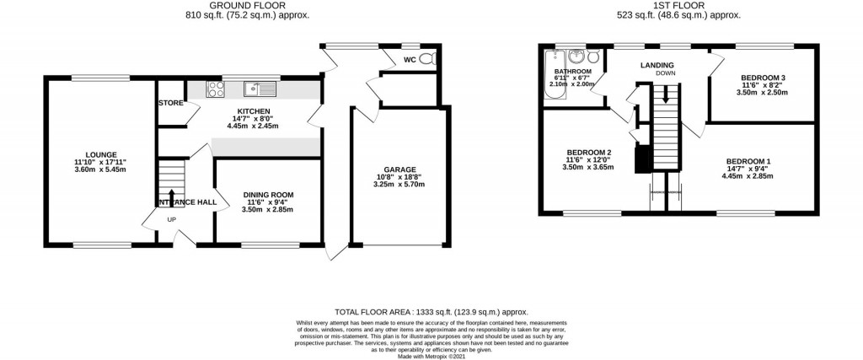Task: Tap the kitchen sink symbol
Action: (x=260, y=87)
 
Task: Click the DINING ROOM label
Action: (x=268, y=194)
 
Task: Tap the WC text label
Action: (x=410, y=60)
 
